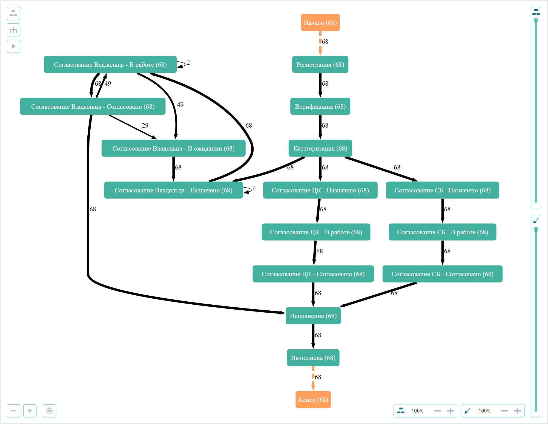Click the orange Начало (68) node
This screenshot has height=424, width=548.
pos(320,23)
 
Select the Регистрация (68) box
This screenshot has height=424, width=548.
pos(320,65)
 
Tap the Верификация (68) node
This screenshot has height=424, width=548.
pos(320,106)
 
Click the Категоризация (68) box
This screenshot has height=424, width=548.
pos(320,148)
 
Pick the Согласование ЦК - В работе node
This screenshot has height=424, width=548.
pos(316,232)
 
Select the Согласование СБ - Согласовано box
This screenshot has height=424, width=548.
pos(442,274)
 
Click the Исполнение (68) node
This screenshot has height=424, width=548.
pos(313,316)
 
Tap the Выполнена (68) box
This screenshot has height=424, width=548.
pos(313,358)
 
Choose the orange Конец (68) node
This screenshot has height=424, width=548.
pos(313,400)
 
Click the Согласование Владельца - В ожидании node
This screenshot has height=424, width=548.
pos(173,148)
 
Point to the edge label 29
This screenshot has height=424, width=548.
pos(145,125)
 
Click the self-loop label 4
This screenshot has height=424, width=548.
pos(254,188)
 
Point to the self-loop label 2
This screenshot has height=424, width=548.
pos(188,63)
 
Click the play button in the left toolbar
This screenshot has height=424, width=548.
pos(13,46)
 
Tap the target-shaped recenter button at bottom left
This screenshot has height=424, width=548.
pos(50,411)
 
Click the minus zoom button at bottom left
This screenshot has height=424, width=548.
pos(13,411)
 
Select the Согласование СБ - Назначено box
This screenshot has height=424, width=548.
pos(442,190)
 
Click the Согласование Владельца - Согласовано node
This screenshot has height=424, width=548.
pos(93,106)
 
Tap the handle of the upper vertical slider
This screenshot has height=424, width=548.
pos(536,20)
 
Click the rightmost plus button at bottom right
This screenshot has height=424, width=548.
pos(517,411)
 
